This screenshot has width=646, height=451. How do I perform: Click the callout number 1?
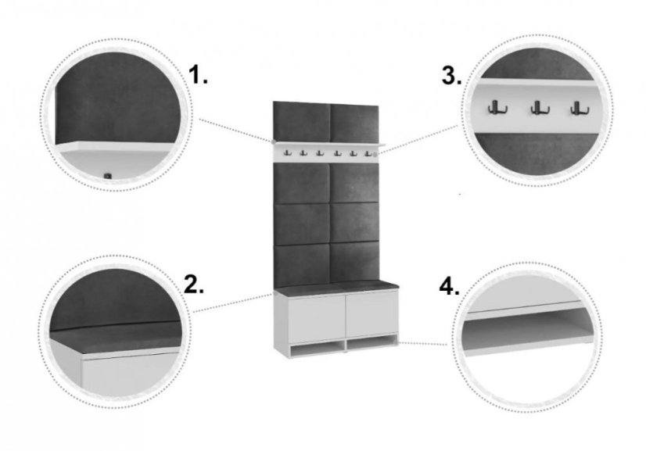[198, 74]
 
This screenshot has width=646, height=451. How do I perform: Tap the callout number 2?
[194, 285]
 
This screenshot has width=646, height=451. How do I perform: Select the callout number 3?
[451, 75]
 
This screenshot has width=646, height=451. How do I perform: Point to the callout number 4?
[450, 286]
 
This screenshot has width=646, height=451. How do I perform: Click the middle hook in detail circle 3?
[540, 108]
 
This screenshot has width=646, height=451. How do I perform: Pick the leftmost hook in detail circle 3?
[497, 108]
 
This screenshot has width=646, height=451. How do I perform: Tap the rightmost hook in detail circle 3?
[580, 108]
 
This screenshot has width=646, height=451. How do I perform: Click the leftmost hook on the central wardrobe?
[287, 153]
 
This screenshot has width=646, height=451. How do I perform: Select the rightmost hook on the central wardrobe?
[368, 153]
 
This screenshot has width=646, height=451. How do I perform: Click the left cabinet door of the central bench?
[317, 319]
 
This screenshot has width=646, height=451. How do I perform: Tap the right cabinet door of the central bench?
[371, 316]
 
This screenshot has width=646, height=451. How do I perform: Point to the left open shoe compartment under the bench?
[318, 349]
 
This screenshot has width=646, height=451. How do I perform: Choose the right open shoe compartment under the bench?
[372, 345]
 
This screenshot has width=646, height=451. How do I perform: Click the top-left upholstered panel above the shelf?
[302, 122]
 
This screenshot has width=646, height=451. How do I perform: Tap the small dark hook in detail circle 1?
[108, 176]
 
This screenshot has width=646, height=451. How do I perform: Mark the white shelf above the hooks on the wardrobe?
[328, 144]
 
